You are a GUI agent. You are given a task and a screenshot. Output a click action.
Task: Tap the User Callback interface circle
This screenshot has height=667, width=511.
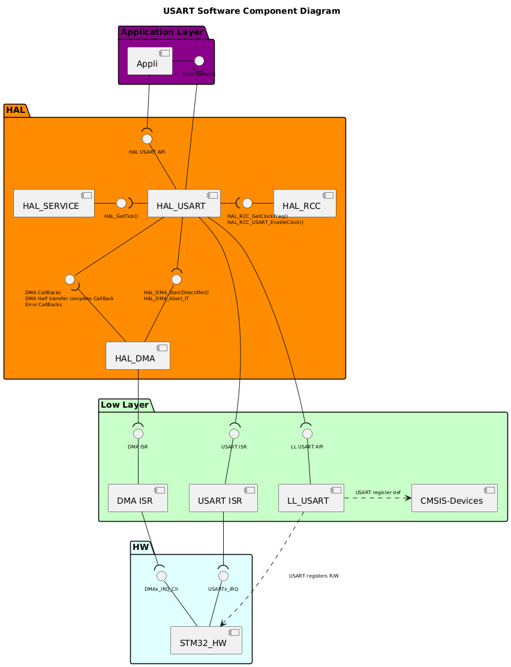click(199, 61)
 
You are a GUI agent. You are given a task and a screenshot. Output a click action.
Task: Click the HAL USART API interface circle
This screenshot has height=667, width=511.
click(147, 139)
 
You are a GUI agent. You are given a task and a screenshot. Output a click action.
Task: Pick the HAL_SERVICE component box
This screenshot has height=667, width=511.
click(53, 203)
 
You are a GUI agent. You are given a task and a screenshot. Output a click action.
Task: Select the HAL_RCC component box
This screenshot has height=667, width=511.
click(304, 203)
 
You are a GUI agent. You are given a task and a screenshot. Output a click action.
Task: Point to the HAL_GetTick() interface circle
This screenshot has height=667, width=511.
click(121, 203)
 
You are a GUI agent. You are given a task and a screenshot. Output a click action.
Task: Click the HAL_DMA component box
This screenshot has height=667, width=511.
click(137, 355)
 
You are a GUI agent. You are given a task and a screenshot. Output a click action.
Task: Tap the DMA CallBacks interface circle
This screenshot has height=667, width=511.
click(70, 279)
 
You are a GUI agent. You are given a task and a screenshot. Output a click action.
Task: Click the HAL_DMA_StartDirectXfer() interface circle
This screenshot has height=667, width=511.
click(176, 279)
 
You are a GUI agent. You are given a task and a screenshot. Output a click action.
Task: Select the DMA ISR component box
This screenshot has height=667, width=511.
click(137, 498)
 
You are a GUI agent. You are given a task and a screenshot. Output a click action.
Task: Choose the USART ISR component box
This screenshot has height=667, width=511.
click(223, 498)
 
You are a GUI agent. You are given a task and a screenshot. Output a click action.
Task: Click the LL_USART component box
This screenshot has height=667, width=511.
click(311, 498)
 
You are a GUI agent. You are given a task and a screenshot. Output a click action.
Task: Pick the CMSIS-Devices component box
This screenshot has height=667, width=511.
click(455, 498)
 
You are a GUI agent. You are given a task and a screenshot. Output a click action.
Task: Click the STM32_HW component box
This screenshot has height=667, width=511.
click(206, 640)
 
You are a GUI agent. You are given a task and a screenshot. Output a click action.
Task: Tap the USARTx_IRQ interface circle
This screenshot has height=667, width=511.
click(223, 576)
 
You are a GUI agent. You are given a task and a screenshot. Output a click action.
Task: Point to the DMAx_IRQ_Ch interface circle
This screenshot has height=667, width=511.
click(161, 576)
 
